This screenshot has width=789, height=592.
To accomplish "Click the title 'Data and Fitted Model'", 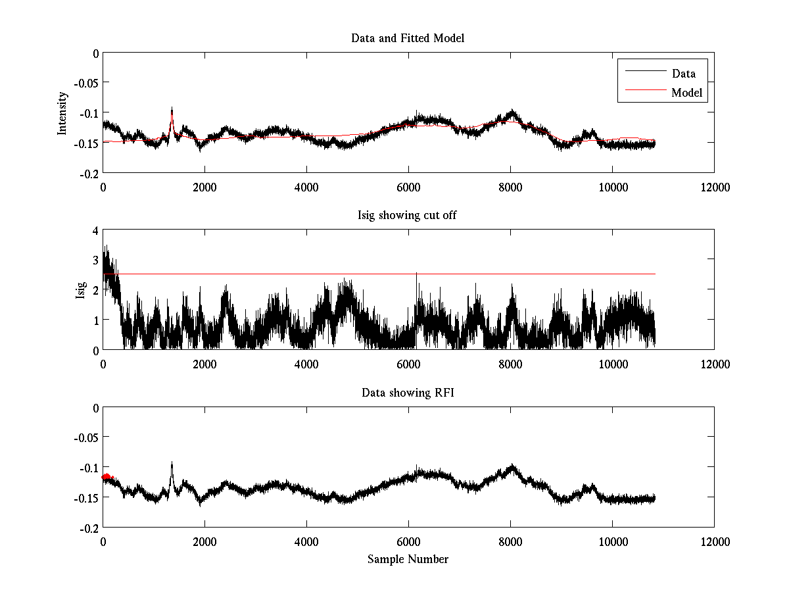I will tap(408, 38).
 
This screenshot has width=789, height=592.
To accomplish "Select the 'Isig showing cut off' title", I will tap(408, 216).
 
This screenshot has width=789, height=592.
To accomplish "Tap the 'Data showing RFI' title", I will tap(408, 393).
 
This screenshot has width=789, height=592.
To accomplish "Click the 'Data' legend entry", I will tap(684, 74).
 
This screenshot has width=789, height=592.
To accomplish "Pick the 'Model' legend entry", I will tap(687, 93).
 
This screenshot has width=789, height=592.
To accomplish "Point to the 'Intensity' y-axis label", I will tap(62, 112).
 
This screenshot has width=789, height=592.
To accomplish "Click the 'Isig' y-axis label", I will tap(80, 290).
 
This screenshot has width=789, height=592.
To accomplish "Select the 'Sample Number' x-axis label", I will tap(408, 559).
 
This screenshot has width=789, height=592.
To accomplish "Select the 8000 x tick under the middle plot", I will tap(510, 364).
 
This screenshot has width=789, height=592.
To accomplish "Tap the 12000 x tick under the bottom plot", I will tap(714, 541).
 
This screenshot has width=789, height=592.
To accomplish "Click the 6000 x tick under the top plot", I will tap(408, 187).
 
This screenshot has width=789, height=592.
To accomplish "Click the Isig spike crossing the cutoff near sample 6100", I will tap(416, 276).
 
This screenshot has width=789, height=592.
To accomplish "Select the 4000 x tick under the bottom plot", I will tap(306, 541).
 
